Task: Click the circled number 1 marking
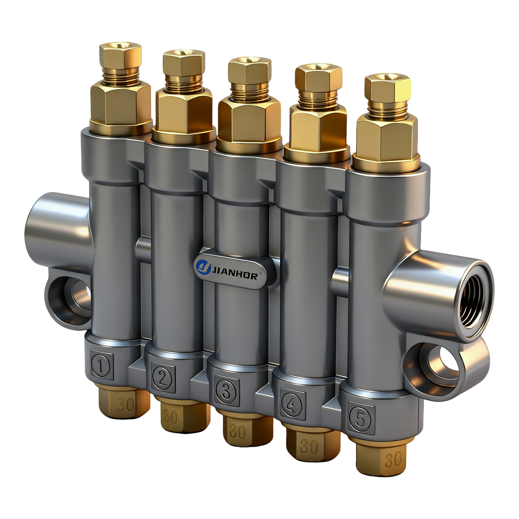pyautogui.click(x=101, y=367)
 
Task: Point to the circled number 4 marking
pyautogui.click(x=292, y=404)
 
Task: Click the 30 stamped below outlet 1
pyautogui.click(x=125, y=405)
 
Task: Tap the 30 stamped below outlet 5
pyautogui.click(x=393, y=460)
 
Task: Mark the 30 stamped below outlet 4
pyautogui.click(x=309, y=446)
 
